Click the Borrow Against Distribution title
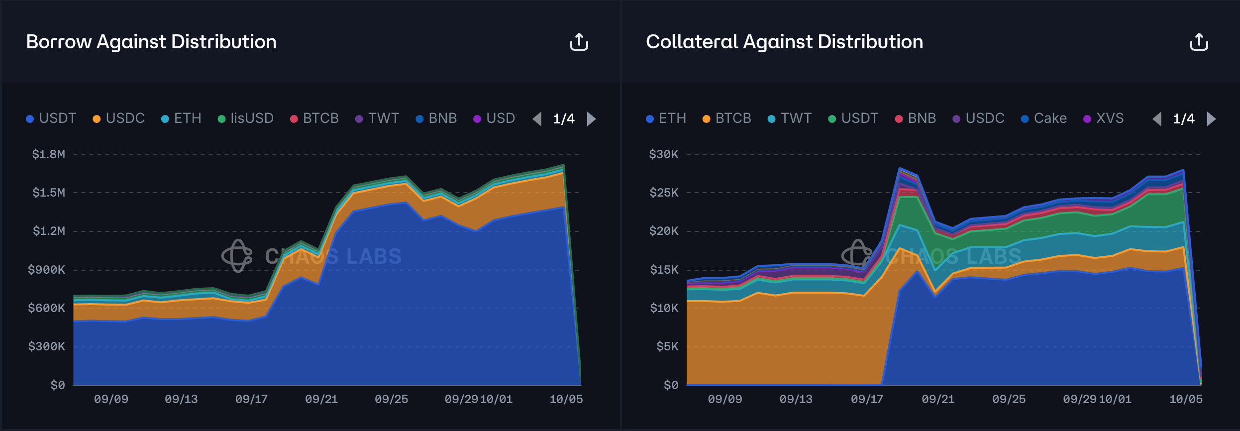pos(151,42)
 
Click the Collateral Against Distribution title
pos(784,42)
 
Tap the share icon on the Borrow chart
pos(579,42)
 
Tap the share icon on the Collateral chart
pos(1199,42)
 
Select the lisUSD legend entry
pos(246,118)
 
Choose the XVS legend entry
pos(1104,118)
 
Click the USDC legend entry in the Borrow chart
pos(119,118)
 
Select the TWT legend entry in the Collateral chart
pos(790,118)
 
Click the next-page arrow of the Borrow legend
pos(591,119)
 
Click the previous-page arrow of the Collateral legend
pos(1157,119)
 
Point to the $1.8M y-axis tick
pos(49,154)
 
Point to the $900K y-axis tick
pos(47,270)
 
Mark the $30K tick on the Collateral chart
pos(664,154)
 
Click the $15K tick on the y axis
pos(664,270)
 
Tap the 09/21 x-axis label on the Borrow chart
pos(321,399)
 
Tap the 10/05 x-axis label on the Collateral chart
pos(1186,399)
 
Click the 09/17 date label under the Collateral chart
pos(867,399)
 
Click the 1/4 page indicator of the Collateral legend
pos(1184,119)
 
